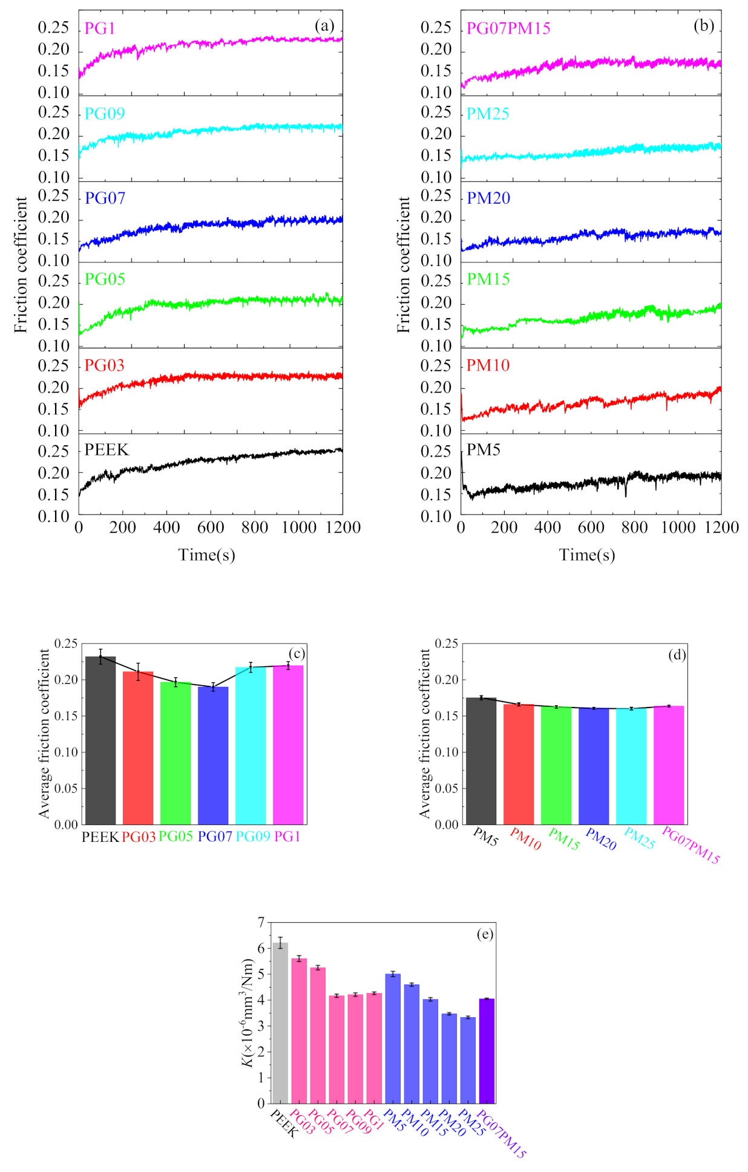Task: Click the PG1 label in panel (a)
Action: tap(100, 28)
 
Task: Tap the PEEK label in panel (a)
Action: tap(107, 450)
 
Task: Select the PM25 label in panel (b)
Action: tap(488, 114)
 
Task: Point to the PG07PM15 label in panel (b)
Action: tap(508, 28)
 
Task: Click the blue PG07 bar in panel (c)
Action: tap(213, 756)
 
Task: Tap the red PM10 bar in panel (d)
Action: tap(519, 764)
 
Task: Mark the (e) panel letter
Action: tap(485, 934)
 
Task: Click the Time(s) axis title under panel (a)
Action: tap(206, 555)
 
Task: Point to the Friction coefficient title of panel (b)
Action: tap(404, 264)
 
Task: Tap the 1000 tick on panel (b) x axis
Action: tap(678, 527)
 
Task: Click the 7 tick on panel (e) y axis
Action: tap(261, 922)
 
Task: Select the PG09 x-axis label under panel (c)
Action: tap(253, 836)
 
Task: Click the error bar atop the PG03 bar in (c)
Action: tap(138, 671)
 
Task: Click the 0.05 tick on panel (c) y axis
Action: tap(66, 789)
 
